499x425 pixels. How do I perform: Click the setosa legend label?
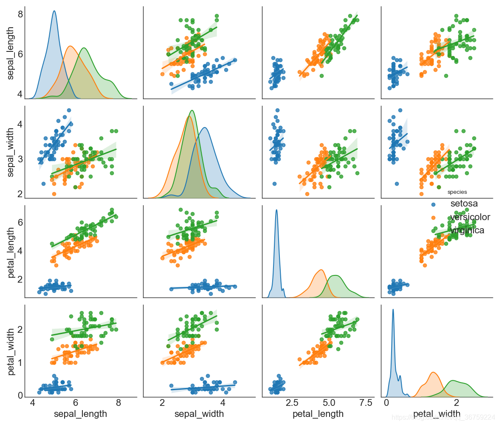465,204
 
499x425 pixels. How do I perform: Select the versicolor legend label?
470,217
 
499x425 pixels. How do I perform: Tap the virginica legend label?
467,230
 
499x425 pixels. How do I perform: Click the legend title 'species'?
457,192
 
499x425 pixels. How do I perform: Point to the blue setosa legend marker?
434,204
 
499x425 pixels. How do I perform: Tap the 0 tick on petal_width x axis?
386,402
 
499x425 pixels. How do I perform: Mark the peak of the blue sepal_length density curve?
54,11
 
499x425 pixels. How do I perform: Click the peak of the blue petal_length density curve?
276,210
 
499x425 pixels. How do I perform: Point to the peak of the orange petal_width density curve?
433,372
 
